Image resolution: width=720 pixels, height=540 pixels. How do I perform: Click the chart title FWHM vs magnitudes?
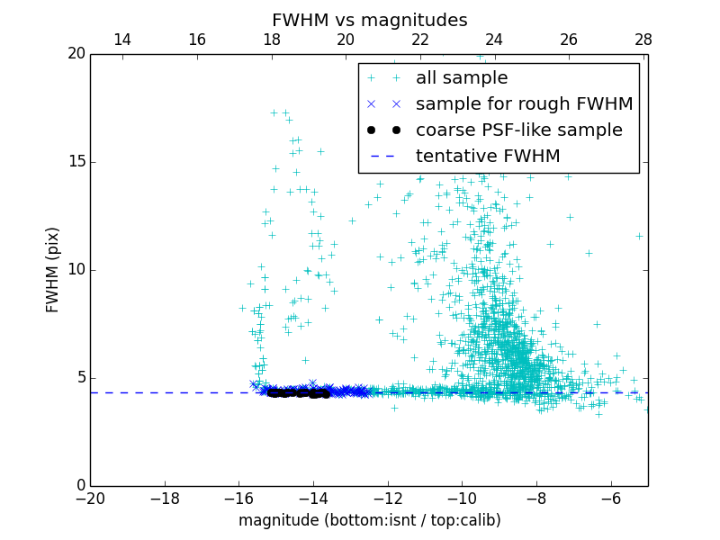click(x=369, y=20)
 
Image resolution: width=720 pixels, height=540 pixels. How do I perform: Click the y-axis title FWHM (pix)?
click(x=53, y=270)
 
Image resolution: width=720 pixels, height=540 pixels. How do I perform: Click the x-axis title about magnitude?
click(x=369, y=520)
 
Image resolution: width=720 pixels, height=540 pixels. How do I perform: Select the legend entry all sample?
click(x=461, y=78)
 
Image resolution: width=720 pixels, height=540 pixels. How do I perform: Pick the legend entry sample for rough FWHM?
click(x=524, y=104)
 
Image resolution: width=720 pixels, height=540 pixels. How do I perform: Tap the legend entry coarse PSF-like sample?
click(x=518, y=130)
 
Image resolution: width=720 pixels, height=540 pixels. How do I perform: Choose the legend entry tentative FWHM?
click(x=487, y=157)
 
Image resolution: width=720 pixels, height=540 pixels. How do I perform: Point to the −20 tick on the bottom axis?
click(x=90, y=498)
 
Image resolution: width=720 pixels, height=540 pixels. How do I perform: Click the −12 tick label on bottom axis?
click(x=387, y=498)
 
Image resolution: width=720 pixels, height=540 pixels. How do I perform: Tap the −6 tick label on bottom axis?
click(x=610, y=498)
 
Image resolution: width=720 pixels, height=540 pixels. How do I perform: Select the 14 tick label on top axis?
click(x=122, y=40)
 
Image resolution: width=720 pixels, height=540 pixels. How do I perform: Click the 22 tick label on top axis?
click(x=420, y=40)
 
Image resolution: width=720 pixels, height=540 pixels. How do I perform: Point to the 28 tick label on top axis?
click(x=643, y=40)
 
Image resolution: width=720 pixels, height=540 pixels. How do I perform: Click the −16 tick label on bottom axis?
click(x=238, y=498)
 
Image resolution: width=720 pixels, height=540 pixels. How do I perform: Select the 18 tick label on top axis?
click(x=271, y=40)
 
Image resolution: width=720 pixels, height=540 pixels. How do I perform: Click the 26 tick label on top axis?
click(x=569, y=40)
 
